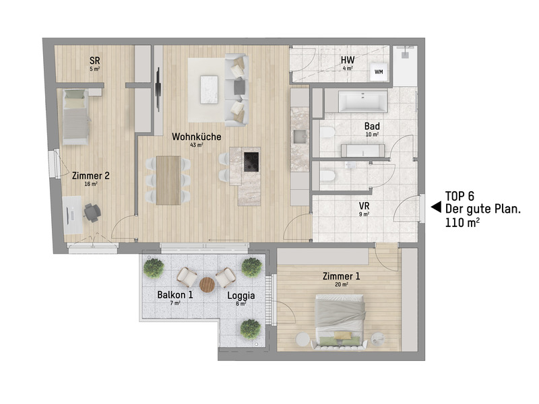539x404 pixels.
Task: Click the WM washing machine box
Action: pyautogui.click(x=379, y=71)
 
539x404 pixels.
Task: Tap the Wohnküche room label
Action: pyautogui.click(x=197, y=136)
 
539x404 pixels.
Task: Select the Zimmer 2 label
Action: pyautogui.click(x=91, y=176)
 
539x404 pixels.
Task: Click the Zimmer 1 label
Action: pyautogui.click(x=341, y=276)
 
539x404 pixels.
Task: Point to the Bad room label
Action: pyautogui.click(x=372, y=126)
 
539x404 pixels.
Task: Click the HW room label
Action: pyautogui.click(x=348, y=60)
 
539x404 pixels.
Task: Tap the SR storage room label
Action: pyautogui.click(x=95, y=60)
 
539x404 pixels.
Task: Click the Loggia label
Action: pyautogui.click(x=241, y=295)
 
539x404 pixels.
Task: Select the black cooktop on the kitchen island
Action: pyautogui.click(x=251, y=161)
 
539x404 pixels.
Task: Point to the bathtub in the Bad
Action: pyautogui.click(x=362, y=103)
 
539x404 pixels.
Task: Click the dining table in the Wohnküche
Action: pyautogui.click(x=168, y=180)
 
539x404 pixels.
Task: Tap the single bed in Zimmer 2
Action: pyautogui.click(x=75, y=116)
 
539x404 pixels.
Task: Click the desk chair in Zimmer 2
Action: pyautogui.click(x=92, y=213)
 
